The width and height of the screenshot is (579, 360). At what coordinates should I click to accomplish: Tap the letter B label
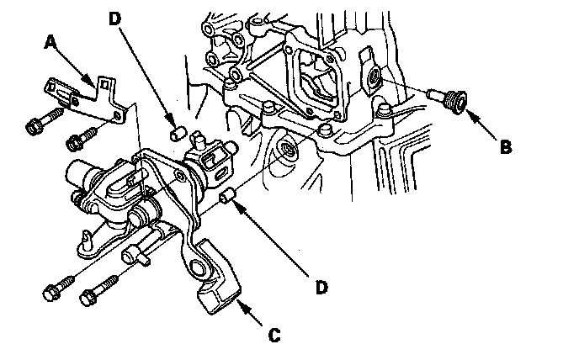click(x=504, y=146)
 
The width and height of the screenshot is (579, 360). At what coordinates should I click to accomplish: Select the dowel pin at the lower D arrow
click(x=226, y=199)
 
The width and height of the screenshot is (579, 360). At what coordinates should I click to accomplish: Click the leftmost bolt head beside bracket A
click(x=34, y=127)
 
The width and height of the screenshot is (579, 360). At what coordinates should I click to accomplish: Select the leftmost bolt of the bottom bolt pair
click(x=50, y=294)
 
